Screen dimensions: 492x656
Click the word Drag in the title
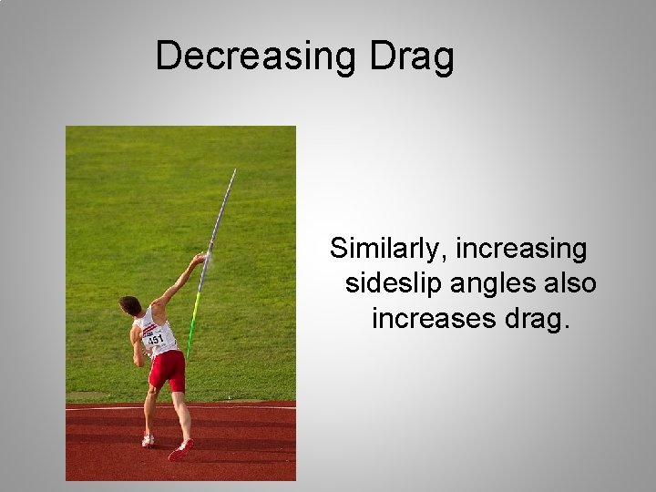(412, 56)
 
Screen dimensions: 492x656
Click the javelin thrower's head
(130, 305)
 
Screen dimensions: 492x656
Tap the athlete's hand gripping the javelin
(198, 261)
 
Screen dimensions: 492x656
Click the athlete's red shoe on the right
(180, 448)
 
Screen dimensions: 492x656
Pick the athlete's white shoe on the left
(148, 440)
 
